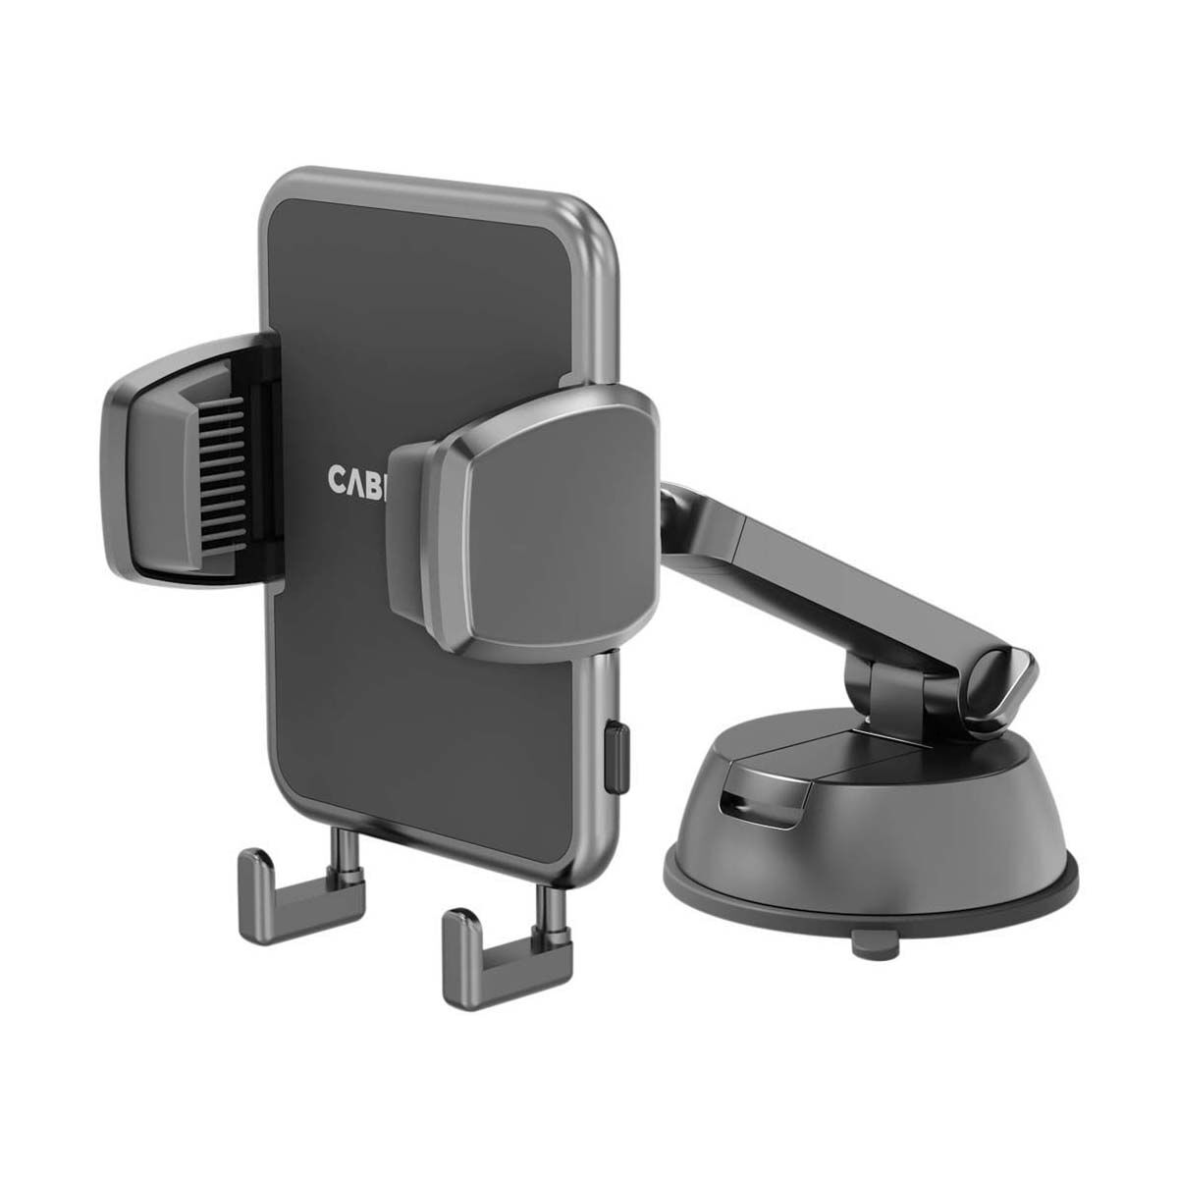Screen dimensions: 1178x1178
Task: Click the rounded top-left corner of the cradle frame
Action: click(x=279, y=192)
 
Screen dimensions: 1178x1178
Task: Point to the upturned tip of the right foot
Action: click(x=455, y=927)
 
